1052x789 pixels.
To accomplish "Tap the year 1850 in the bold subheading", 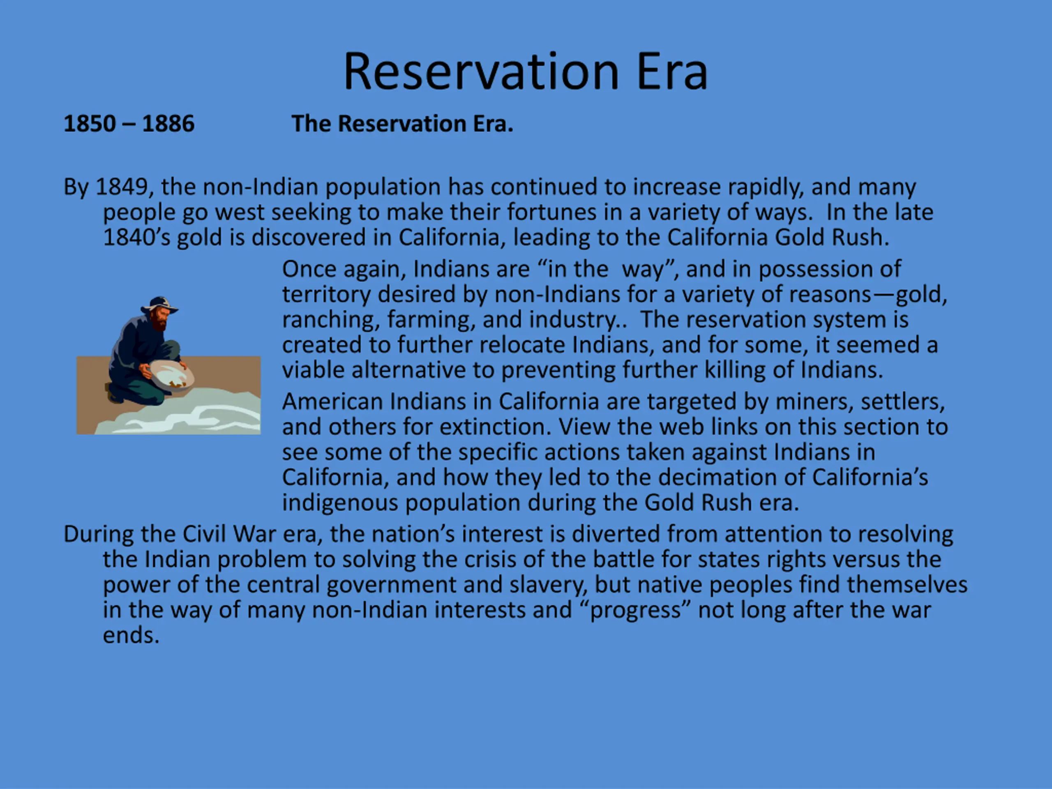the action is coord(90,124).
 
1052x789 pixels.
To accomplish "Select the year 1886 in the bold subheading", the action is coord(168,124).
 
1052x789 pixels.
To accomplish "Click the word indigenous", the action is coord(340,503).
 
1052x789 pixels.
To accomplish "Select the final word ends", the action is coord(131,636).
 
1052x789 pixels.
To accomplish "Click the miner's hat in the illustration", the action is coord(160,305).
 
